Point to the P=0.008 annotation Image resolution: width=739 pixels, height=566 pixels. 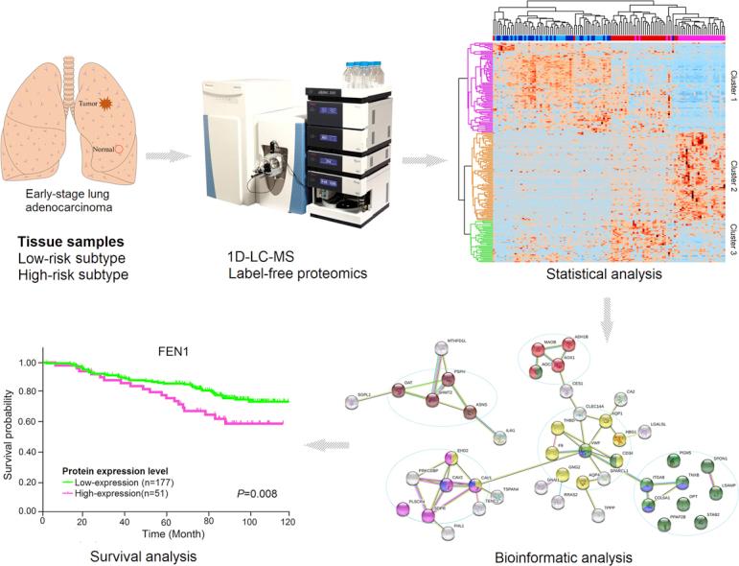pos(256,494)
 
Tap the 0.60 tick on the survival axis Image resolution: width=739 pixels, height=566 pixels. pos(28,420)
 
